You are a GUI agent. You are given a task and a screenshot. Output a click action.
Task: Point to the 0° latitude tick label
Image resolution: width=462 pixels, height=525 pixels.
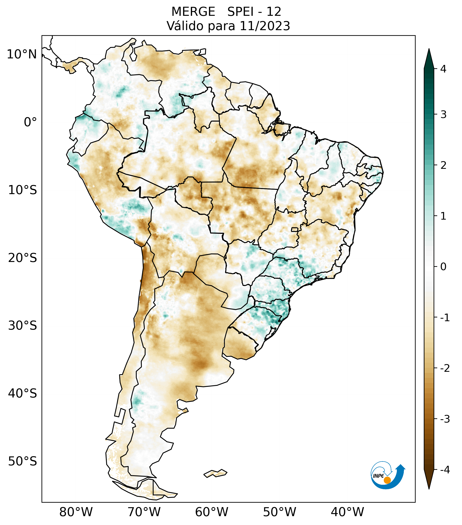click(x=30, y=122)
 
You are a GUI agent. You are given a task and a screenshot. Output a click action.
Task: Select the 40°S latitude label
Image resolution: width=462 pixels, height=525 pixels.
click(x=22, y=393)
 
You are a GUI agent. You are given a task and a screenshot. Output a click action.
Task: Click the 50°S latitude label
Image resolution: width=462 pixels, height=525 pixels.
click(x=22, y=461)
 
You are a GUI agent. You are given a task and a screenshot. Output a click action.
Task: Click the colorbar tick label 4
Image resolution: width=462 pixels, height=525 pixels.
click(x=443, y=69)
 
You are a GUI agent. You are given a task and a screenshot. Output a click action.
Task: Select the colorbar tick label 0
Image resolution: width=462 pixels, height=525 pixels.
click(x=443, y=267)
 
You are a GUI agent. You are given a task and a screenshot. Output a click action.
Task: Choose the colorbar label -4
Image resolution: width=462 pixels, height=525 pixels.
click(x=445, y=470)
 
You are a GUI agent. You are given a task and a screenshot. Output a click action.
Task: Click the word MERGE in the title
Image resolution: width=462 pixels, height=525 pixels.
click(x=193, y=12)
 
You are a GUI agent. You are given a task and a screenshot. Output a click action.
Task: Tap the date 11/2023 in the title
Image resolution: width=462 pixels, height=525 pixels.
click(x=265, y=26)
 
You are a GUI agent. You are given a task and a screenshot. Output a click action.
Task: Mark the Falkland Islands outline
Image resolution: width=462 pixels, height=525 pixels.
click(x=215, y=473)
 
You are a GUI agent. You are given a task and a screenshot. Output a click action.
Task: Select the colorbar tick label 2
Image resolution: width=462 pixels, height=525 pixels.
click(x=443, y=165)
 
